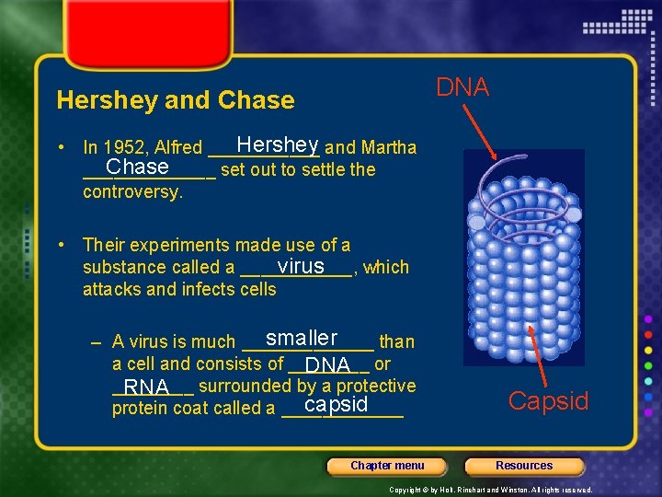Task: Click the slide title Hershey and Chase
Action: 176,100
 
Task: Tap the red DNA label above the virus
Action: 462,87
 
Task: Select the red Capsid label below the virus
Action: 548,401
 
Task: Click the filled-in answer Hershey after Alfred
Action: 277,145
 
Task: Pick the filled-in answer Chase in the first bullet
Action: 137,168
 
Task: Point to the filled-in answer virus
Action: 301,266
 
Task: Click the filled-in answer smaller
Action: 302,339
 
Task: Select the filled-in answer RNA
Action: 148,386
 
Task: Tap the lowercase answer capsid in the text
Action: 337,405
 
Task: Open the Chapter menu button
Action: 387,466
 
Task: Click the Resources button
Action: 524,466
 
